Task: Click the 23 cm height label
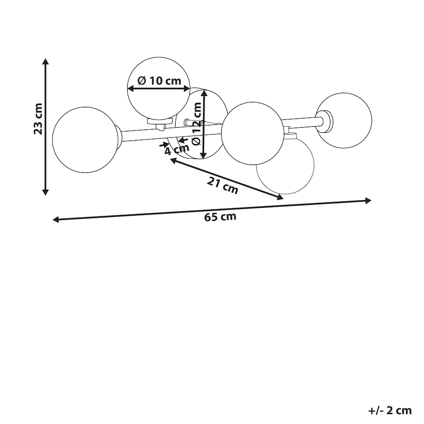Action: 38,119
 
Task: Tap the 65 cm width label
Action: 220,217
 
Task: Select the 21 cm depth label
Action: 222,185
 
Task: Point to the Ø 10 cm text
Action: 159,80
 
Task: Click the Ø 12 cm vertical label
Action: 197,124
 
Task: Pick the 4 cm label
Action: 177,149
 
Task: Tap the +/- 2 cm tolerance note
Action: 390,410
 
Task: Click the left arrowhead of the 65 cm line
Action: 56,219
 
